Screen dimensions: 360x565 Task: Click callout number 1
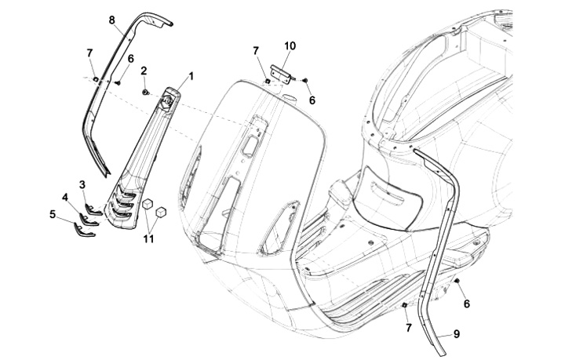click(191, 76)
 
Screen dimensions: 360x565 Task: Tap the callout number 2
click(144, 71)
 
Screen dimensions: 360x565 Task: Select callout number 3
click(82, 184)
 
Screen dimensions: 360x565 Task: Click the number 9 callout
click(457, 333)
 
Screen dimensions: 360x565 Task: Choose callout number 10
click(290, 46)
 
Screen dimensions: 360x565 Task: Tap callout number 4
click(65, 197)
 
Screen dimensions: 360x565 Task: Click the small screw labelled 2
click(146, 93)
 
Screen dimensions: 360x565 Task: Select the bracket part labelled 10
click(282, 72)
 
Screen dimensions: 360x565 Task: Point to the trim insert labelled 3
click(93, 207)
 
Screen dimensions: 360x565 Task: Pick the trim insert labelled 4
click(89, 219)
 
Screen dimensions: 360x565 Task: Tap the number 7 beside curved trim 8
click(90, 53)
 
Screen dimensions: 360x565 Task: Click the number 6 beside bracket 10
click(312, 100)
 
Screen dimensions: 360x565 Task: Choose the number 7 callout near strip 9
click(408, 325)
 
